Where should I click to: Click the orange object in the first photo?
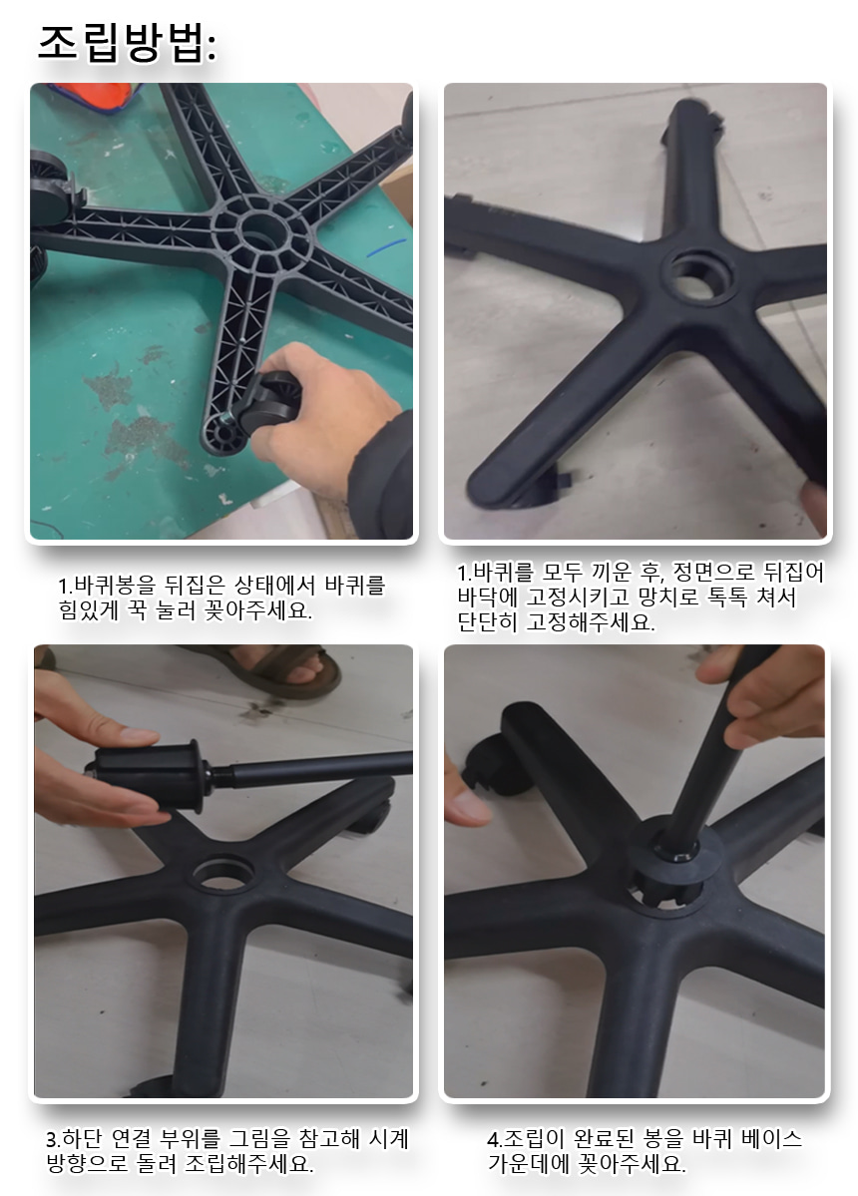point(91,96)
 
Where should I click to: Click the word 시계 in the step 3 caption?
point(389,1139)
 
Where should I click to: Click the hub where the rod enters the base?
point(674,858)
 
